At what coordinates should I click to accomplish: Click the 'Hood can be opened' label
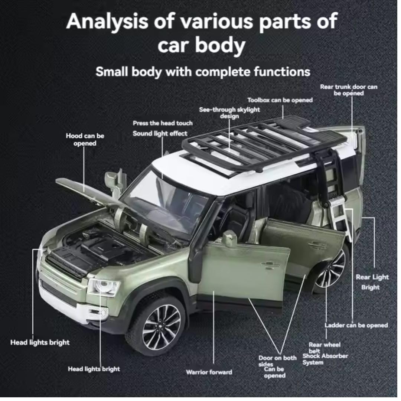coord(85,139)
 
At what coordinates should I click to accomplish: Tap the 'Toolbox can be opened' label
coord(280,100)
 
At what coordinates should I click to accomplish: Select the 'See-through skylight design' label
coord(229,113)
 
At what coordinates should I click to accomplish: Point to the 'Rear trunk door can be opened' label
coord(349,90)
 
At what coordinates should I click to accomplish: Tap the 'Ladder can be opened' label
coord(356,325)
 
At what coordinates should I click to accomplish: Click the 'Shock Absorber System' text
coord(325,359)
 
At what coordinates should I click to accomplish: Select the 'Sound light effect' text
coord(160,133)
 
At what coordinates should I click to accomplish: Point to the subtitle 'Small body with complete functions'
coord(203,71)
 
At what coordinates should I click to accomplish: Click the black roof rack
coord(260,145)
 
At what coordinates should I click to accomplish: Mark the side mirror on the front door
coord(229,238)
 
